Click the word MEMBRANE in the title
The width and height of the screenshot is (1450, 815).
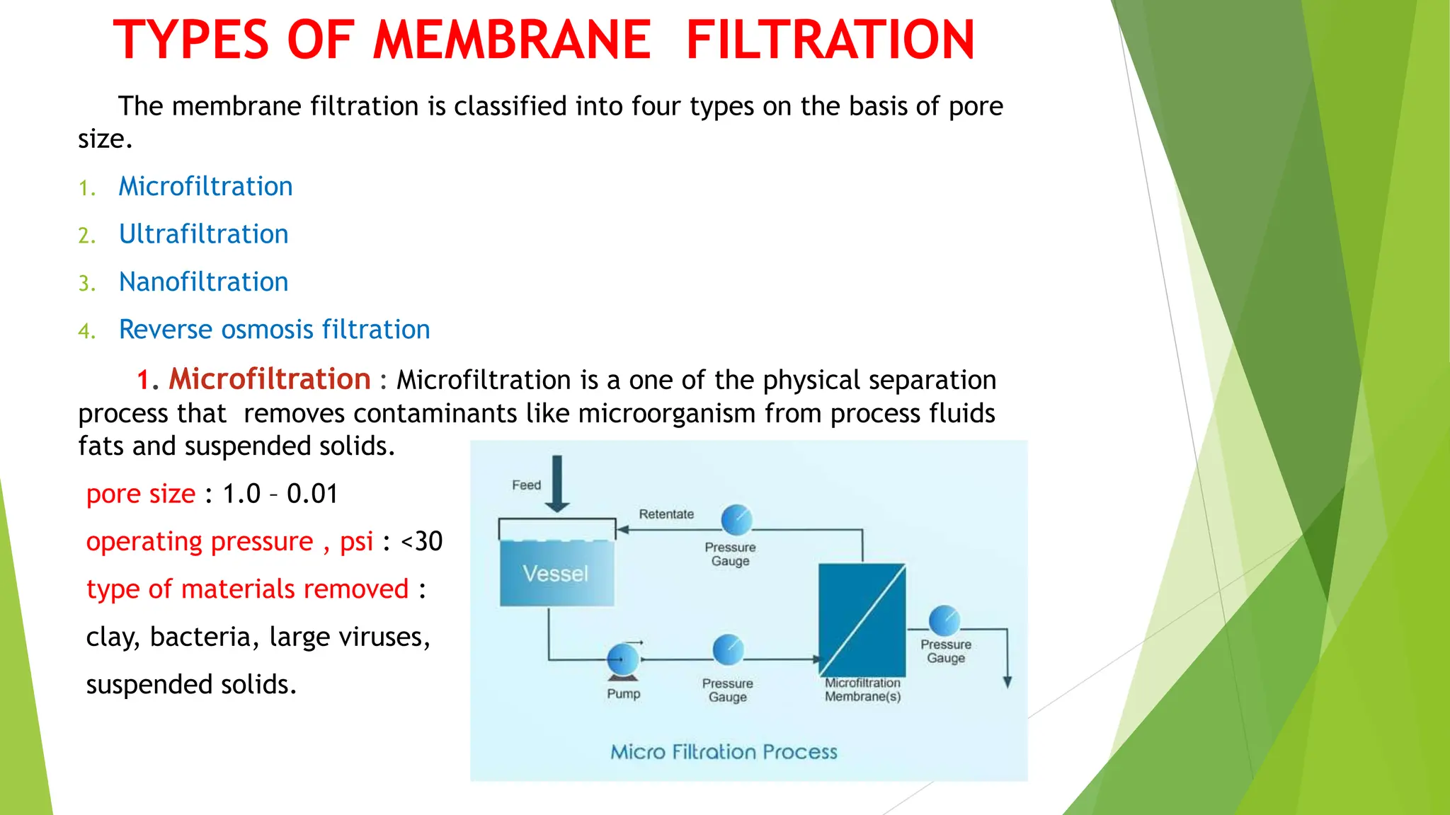point(511,40)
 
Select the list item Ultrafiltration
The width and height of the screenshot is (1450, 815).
point(203,234)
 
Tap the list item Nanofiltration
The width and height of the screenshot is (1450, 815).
point(203,282)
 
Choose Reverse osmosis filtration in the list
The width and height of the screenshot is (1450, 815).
point(274,330)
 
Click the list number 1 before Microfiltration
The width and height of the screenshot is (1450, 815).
point(86,188)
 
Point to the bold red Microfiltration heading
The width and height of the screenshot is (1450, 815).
point(269,379)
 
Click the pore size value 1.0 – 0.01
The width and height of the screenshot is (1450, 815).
point(280,494)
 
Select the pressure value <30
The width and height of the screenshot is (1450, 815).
point(421,541)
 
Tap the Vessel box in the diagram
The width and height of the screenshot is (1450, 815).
point(556,573)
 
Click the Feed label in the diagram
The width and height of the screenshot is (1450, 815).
point(526,485)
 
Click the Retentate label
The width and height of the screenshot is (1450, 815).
point(666,514)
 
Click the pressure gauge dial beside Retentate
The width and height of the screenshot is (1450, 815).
point(736,520)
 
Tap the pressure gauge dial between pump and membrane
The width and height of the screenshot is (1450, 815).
point(728,650)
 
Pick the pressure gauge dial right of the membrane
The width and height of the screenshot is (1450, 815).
point(944,621)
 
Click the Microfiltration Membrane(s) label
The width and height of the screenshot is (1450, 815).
point(862,690)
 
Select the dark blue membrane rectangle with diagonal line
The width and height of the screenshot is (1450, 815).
point(862,620)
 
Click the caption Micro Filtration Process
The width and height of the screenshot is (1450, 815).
point(724,751)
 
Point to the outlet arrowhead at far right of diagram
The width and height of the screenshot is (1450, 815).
point(1007,682)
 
